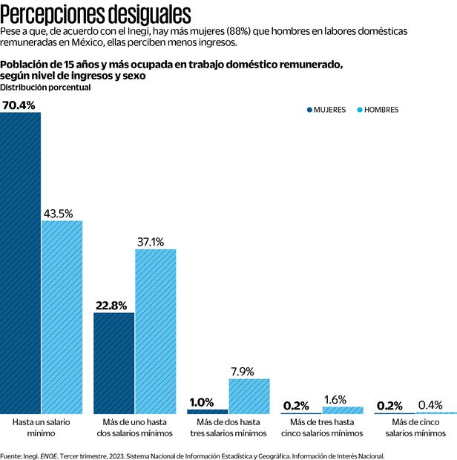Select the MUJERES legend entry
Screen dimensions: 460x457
(326, 110)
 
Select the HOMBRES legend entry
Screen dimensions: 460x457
(378, 110)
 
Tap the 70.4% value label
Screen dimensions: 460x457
(19, 105)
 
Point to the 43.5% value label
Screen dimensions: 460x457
(59, 214)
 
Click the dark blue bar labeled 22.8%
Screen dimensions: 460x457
(114, 364)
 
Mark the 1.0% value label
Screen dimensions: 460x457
(202, 403)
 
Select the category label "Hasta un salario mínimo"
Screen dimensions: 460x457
(42, 427)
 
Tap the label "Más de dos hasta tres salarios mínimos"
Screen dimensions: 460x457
(228, 427)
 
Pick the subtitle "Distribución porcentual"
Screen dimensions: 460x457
(45, 88)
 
